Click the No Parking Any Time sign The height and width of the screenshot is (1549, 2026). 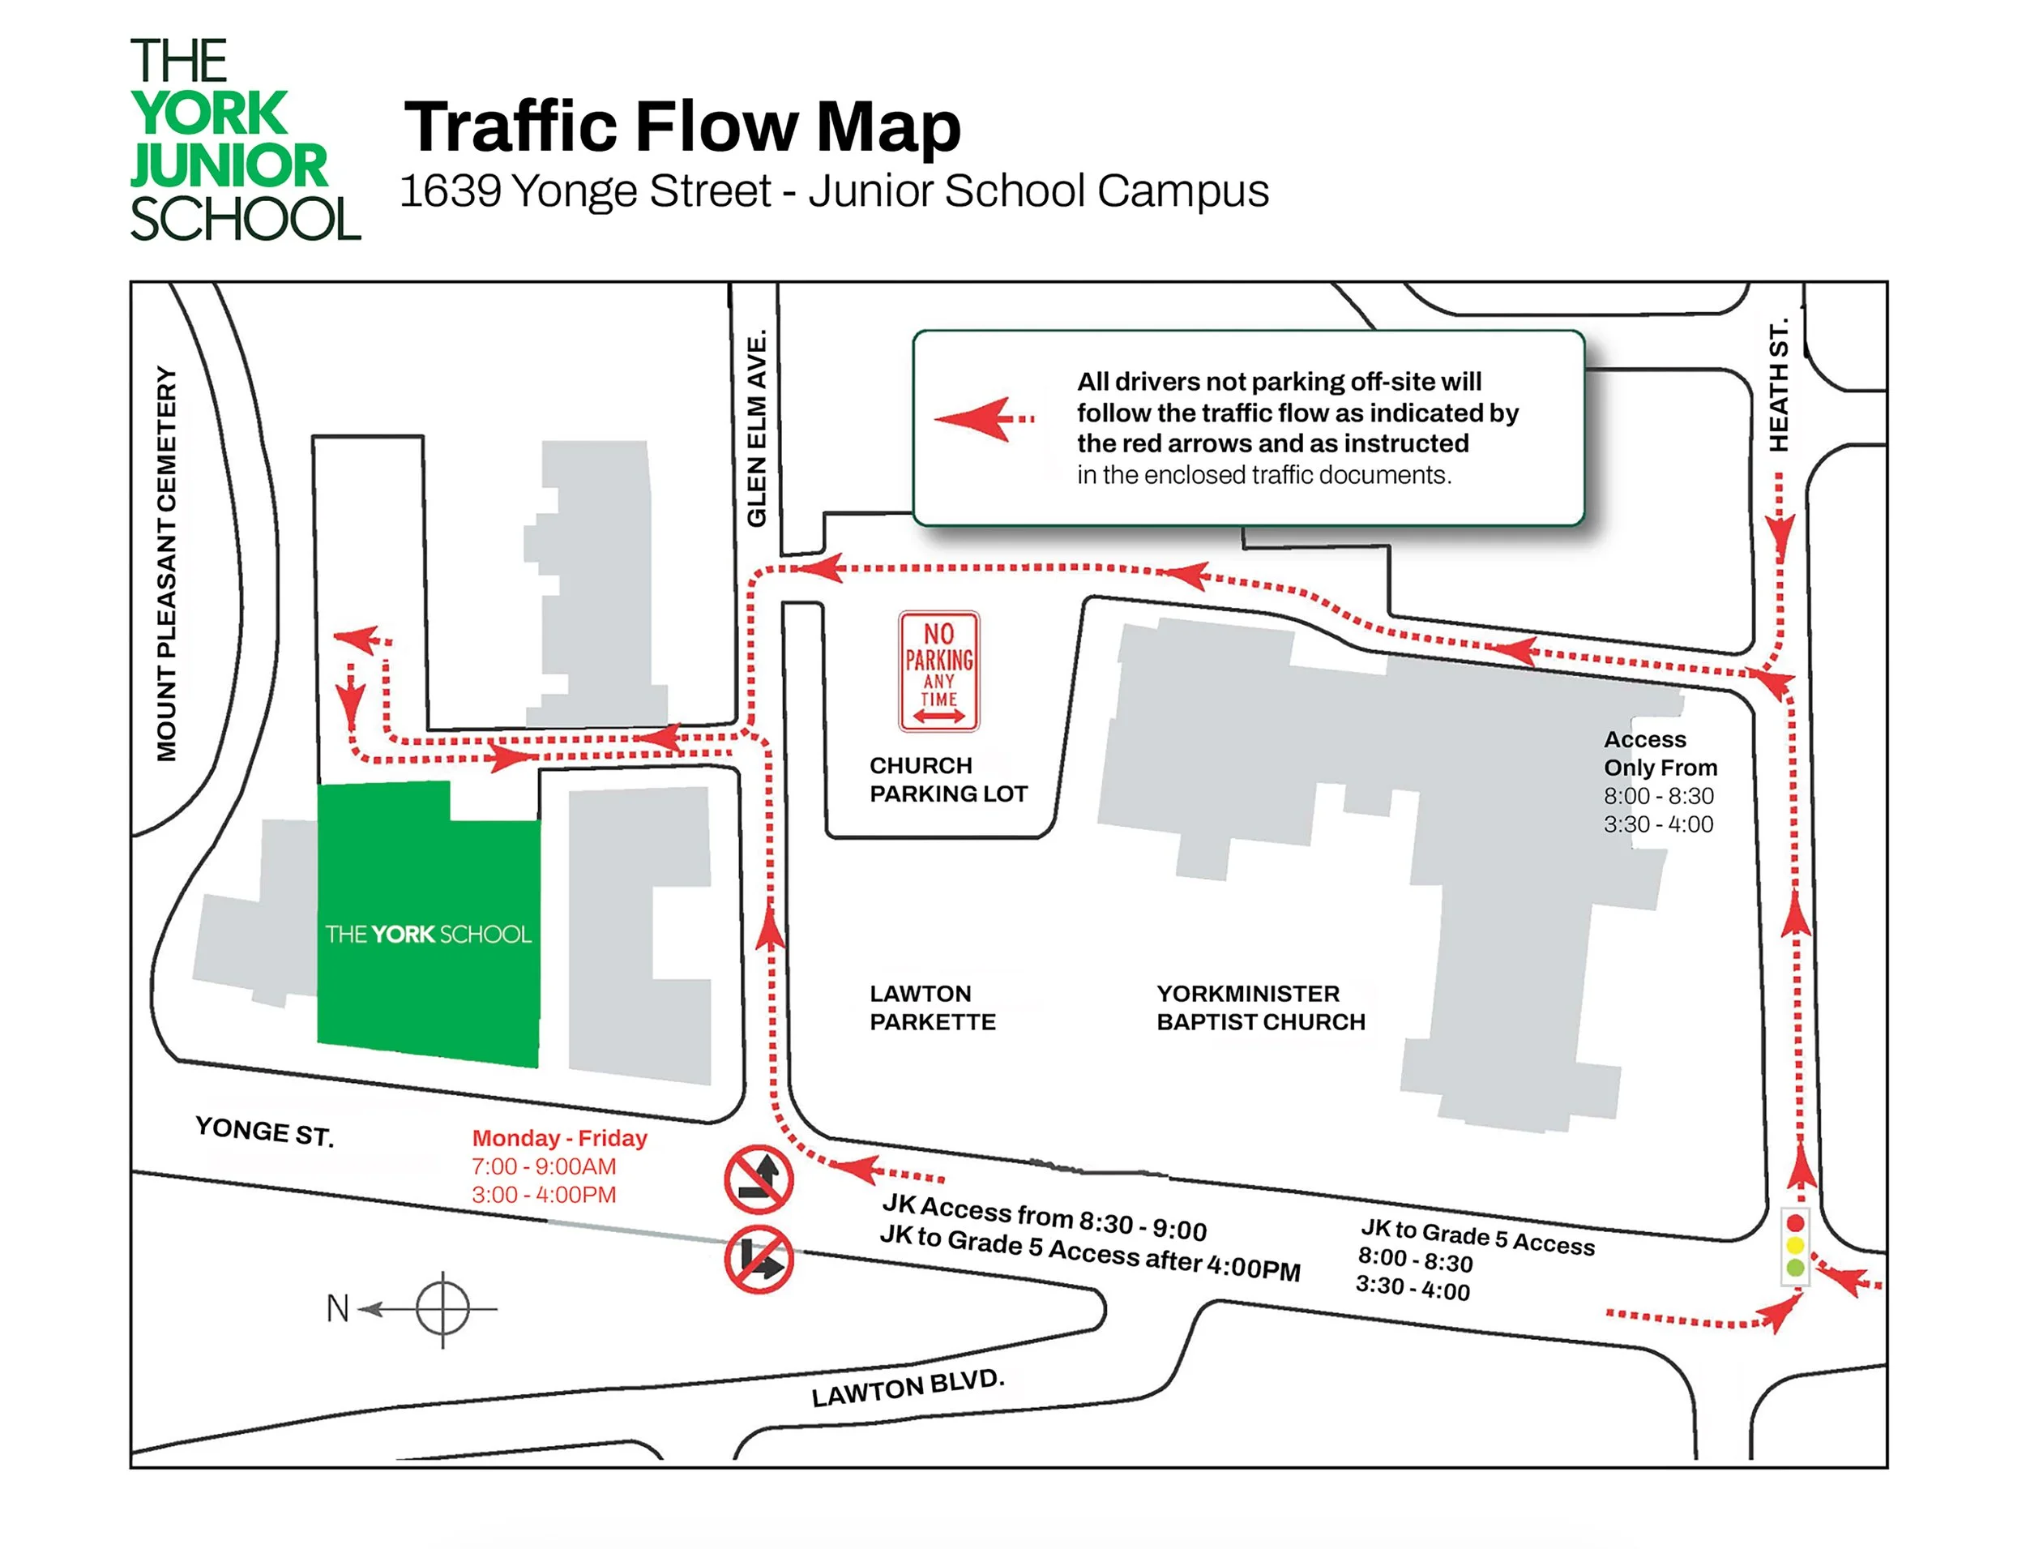pos(938,671)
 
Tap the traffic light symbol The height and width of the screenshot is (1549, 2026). pos(1795,1246)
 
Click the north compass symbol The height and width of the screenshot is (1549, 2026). pos(442,1308)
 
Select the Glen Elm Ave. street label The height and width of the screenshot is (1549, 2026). pos(757,428)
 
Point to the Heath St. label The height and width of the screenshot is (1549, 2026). pos(1778,385)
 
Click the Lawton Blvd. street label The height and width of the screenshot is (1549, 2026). pos(907,1387)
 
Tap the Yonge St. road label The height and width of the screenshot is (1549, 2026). pos(263,1131)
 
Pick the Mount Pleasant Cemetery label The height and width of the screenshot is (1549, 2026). pos(166,564)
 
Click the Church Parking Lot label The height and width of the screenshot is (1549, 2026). pos(947,779)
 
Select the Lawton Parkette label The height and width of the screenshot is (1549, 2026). pos(932,1007)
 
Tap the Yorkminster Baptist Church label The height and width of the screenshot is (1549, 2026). pos(1260,1007)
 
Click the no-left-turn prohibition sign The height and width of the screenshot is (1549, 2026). pos(758,1179)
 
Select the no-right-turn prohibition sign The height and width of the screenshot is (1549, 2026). pos(758,1259)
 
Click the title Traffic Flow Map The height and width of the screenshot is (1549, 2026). pos(682,126)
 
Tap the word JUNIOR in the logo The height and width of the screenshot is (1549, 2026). pos(229,166)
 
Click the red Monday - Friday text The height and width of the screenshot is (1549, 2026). pos(559,1138)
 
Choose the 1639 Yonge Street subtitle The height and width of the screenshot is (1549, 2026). pos(833,190)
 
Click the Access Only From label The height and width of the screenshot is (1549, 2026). pos(1659,753)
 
